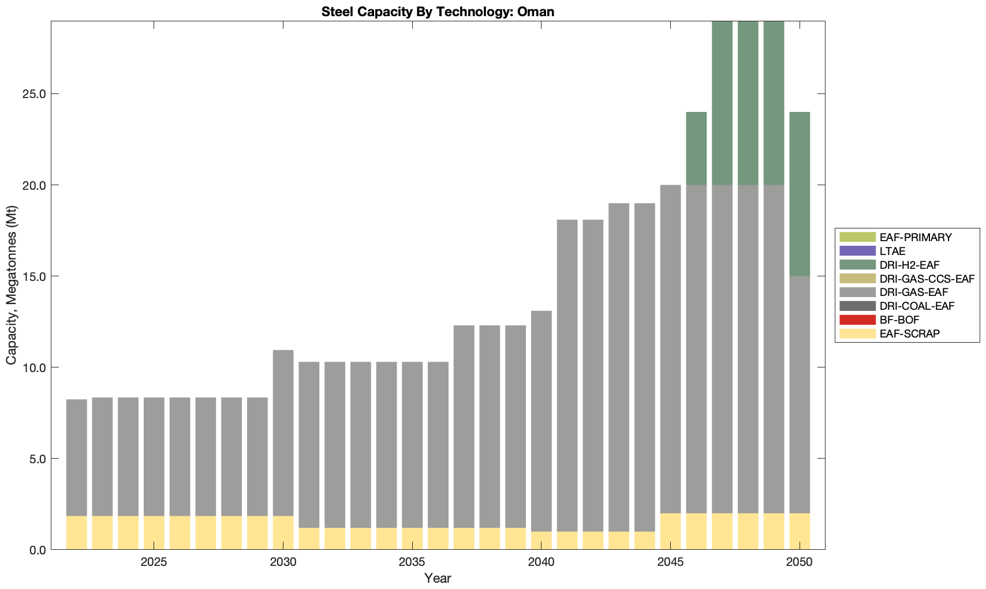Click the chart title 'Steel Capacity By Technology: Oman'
point(438,12)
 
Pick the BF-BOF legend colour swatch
point(858,320)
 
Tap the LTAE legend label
point(892,251)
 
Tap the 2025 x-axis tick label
point(154,562)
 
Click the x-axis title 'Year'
point(438,578)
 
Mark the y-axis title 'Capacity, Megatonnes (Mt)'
point(12,285)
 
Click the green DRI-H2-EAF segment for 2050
point(800,194)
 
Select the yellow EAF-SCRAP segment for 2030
point(283,532)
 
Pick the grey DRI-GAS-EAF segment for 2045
point(670,349)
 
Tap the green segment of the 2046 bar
point(696,148)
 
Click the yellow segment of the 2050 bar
point(800,531)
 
